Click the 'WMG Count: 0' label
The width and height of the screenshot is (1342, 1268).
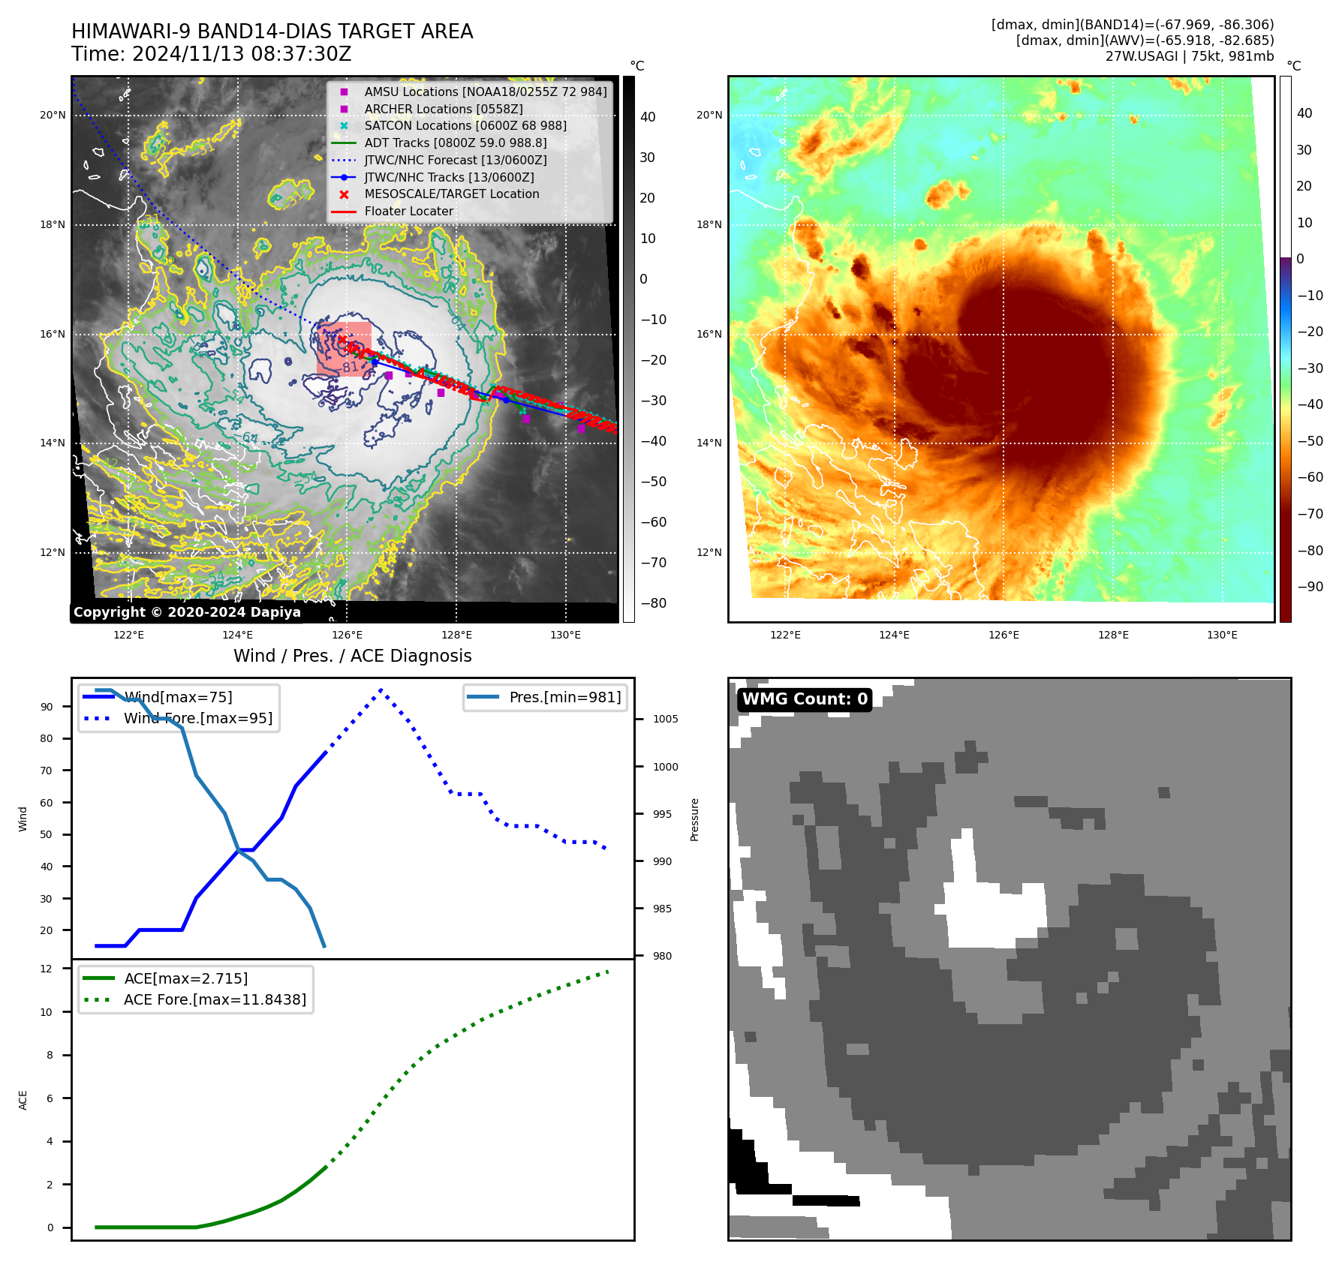[805, 699]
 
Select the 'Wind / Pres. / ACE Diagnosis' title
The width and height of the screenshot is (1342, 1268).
[352, 656]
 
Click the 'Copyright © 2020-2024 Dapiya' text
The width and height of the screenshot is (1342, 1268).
[187, 612]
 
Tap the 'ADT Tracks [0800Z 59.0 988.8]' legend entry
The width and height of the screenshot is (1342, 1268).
[455, 143]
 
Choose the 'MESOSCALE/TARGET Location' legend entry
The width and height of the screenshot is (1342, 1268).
[451, 194]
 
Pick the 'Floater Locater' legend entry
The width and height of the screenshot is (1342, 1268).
[408, 211]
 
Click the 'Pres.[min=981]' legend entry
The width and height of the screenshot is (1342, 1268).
[564, 697]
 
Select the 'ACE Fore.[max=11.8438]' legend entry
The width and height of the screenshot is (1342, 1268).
[215, 999]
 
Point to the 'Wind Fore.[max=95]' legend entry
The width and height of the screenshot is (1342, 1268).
[198, 718]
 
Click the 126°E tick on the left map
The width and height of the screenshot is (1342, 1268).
[348, 635]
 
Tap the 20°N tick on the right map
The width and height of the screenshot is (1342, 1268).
[709, 115]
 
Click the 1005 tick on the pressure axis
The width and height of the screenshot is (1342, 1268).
[665, 719]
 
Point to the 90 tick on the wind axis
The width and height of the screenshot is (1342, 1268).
[47, 707]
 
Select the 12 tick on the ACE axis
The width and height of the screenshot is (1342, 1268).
[47, 969]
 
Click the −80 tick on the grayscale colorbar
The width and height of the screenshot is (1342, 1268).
[654, 603]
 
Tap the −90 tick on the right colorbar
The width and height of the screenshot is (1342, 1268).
[1310, 587]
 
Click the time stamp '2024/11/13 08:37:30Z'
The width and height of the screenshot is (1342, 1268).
[241, 54]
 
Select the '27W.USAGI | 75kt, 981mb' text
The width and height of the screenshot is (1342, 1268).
[1190, 56]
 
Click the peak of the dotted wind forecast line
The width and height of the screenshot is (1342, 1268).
[381, 690]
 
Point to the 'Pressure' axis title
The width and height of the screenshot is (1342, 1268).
[694, 819]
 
